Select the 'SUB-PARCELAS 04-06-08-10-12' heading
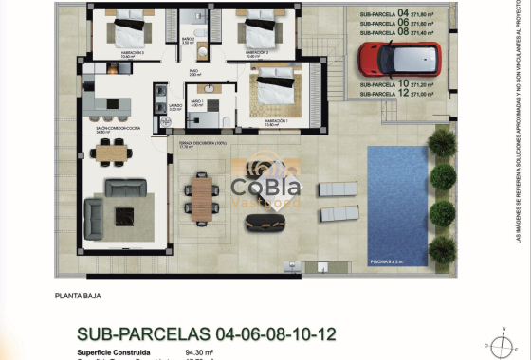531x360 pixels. click(206, 334)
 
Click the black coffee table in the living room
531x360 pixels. click(124, 216)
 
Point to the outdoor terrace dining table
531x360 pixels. click(201, 196)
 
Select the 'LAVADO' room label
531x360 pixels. click(174, 107)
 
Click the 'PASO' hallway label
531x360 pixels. click(193, 70)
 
